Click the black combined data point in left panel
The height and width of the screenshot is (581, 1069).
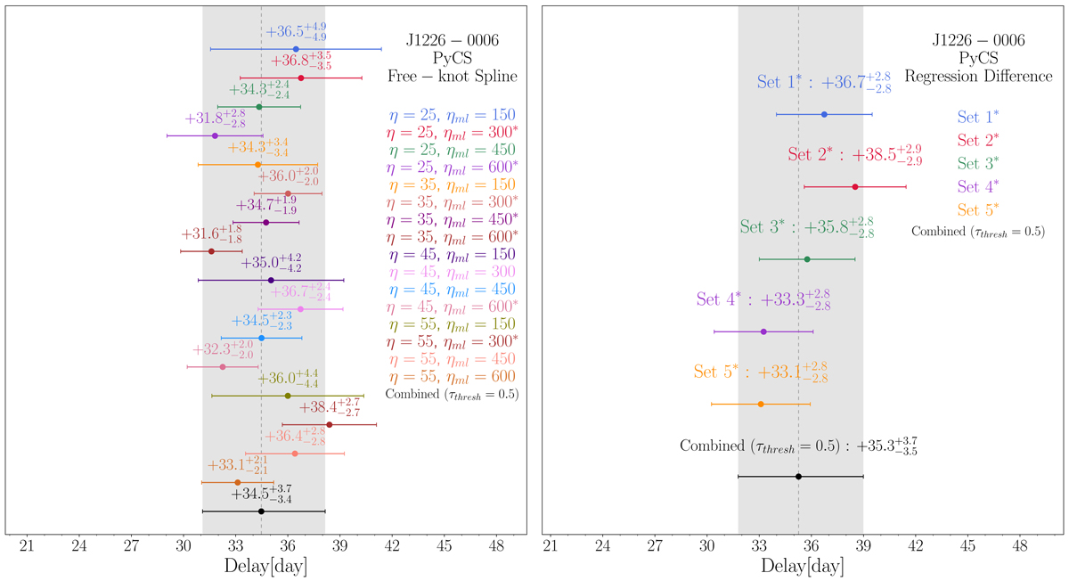click(x=261, y=511)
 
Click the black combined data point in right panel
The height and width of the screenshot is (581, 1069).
click(x=798, y=477)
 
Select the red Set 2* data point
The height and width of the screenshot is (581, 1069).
click(x=855, y=186)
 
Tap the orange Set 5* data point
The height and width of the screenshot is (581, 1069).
click(x=761, y=404)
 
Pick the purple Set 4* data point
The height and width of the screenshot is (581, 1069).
click(x=763, y=331)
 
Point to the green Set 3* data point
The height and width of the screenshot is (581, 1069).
click(x=807, y=259)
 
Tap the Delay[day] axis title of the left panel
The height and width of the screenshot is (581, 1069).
click(x=261, y=565)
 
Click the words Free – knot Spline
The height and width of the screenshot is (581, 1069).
click(x=452, y=78)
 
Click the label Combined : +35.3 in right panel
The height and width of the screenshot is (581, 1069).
click(x=798, y=446)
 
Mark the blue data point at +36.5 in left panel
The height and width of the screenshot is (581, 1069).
click(x=296, y=49)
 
